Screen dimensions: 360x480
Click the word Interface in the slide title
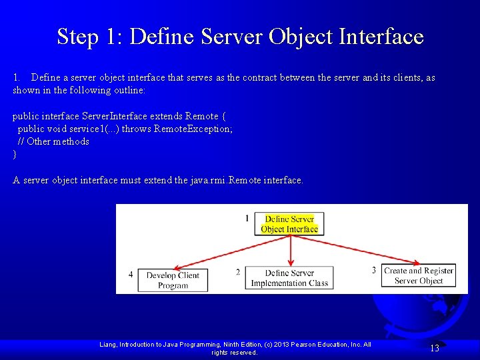tap(381, 36)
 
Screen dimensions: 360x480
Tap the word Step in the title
tap(78, 36)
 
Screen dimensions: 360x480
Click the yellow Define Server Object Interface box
tap(289, 224)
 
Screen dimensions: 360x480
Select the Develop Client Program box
tap(173, 280)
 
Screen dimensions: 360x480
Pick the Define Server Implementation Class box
tap(289, 278)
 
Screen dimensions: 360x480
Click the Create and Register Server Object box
tap(419, 275)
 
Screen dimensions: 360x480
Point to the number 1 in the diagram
tap(247, 219)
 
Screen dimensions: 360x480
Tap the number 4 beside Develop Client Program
tap(131, 274)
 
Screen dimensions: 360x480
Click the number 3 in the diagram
tap(374, 270)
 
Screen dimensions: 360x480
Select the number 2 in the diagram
tap(238, 272)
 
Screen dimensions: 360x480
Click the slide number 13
tap(435, 348)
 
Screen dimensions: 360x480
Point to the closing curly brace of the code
tap(15, 155)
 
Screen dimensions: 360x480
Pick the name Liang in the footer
tap(109, 345)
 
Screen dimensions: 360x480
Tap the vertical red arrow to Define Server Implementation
tap(290, 250)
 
